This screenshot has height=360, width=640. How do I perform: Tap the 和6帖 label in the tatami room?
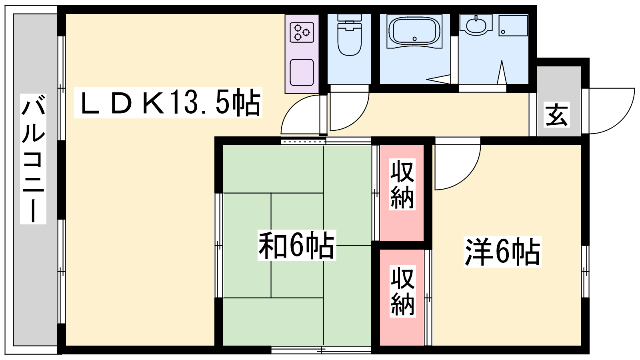point(296,245)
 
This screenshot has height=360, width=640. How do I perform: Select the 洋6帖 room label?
point(502,252)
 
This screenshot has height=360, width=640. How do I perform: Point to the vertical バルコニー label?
point(33,158)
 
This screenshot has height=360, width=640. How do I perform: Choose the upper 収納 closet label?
point(402,185)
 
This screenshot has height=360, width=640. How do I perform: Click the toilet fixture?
point(350,34)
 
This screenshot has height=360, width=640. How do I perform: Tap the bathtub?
point(414,32)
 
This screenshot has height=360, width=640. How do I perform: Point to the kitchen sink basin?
point(302,72)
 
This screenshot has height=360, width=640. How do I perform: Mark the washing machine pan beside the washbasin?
point(513,26)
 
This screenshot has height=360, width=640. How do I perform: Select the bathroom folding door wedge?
point(439,79)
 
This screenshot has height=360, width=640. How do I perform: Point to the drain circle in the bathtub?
point(414,39)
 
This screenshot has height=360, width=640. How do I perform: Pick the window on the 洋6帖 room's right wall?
point(585,272)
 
